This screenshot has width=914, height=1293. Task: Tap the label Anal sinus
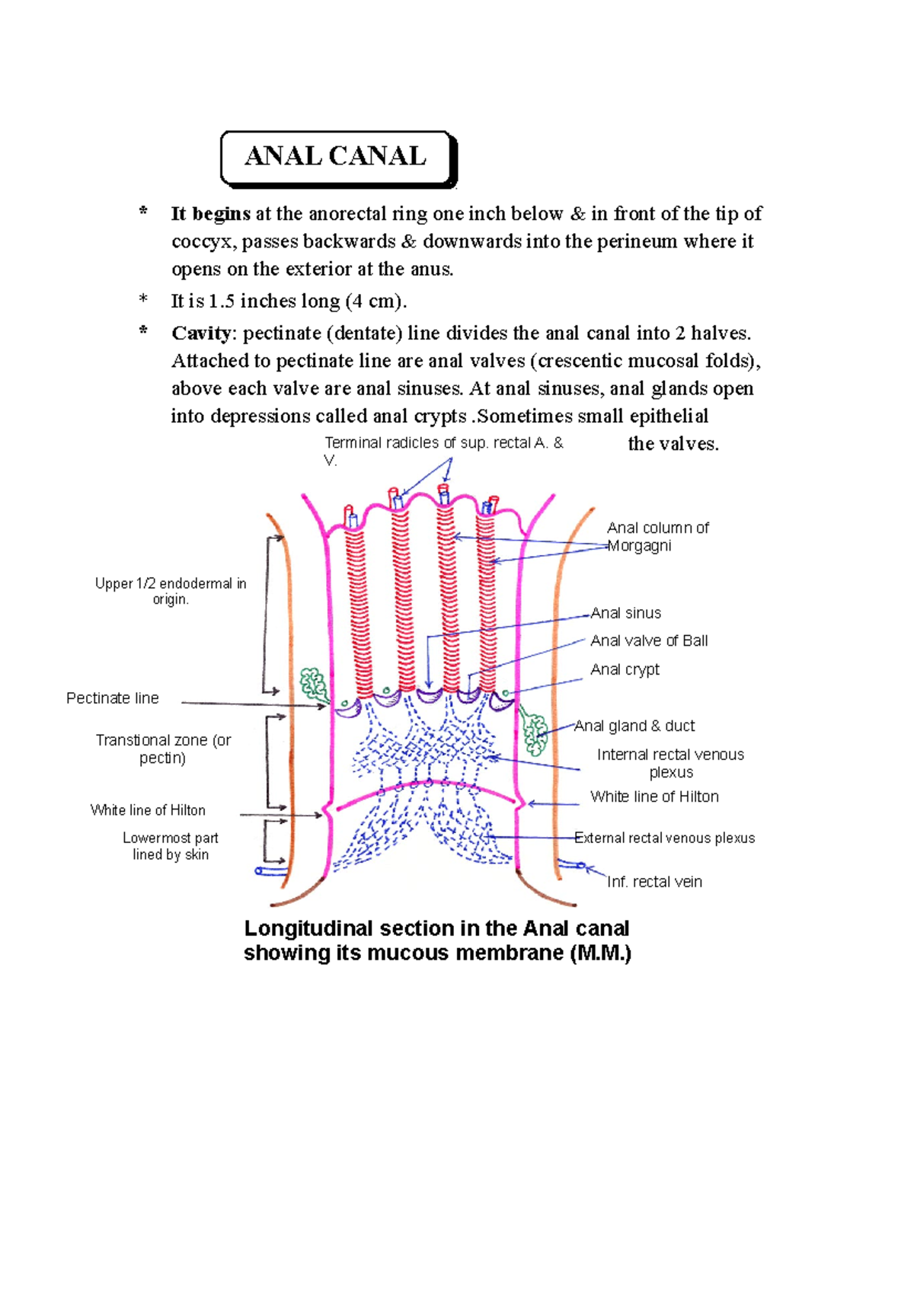tap(625, 613)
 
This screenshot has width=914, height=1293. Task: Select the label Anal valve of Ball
tap(649, 641)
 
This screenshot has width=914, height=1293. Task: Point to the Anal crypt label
tap(625, 669)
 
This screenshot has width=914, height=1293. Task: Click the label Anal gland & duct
tap(634, 726)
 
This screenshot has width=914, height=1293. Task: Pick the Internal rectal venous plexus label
tap(670, 763)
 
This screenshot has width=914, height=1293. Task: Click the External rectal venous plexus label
tap(665, 838)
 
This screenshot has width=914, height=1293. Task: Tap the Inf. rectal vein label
tap(654, 882)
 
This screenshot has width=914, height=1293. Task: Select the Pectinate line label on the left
tap(113, 698)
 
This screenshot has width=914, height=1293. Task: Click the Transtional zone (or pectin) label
tap(163, 749)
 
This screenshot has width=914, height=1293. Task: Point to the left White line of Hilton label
tap(148, 810)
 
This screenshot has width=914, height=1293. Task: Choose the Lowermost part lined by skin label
tap(171, 846)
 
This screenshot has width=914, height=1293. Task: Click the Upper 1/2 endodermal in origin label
tap(171, 591)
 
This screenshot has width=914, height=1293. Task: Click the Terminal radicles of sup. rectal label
tap(443, 443)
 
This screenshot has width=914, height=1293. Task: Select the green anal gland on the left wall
tap(312, 683)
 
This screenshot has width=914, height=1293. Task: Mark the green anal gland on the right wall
tap(535, 732)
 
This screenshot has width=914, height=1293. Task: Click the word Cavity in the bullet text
tap(202, 334)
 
